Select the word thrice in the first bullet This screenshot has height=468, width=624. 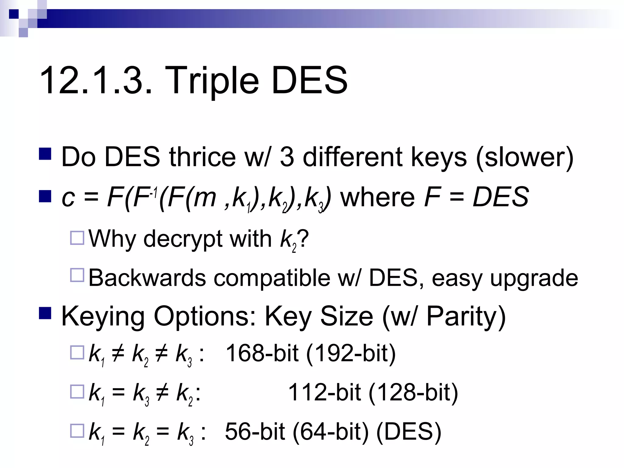202,157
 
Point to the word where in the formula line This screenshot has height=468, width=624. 378,197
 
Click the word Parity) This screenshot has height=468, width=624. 466,317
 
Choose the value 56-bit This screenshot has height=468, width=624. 255,432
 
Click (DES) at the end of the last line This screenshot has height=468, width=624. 409,432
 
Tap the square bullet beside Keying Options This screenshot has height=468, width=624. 45,314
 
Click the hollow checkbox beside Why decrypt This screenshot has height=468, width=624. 77,238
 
